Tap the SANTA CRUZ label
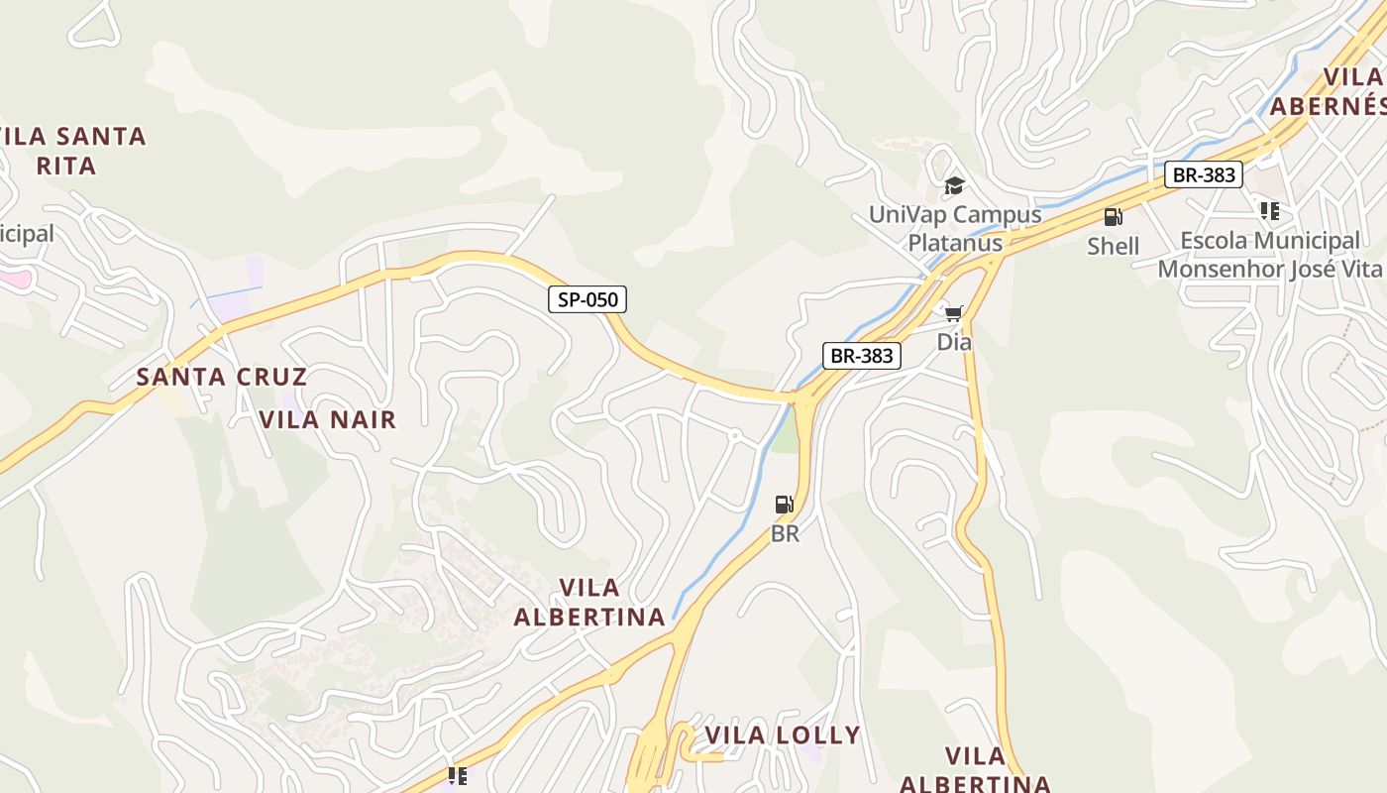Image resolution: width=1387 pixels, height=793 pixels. (222, 377)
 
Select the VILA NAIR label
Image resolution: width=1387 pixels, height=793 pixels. (327, 419)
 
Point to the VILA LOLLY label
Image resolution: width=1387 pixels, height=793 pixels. (783, 735)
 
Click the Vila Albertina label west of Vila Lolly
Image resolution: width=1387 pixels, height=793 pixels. (589, 603)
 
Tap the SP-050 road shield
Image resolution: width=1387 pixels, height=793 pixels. (588, 299)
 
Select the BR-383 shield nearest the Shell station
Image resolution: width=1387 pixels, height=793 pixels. (1203, 175)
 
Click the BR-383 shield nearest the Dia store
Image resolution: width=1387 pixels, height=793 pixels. (861, 356)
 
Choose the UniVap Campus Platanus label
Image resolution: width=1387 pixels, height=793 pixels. (955, 228)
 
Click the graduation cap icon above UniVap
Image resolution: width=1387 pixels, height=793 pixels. (954, 185)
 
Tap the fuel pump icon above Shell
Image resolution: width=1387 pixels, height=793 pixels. (1114, 217)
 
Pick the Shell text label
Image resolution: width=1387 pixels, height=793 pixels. (1114, 246)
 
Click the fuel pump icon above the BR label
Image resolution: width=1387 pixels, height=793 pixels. (785, 505)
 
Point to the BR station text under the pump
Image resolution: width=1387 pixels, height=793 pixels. (785, 533)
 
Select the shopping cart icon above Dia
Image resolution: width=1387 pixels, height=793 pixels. (954, 314)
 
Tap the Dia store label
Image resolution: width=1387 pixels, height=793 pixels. (954, 342)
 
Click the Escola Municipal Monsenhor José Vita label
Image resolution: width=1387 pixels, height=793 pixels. (1269, 255)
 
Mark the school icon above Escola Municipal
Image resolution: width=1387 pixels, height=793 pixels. (1269, 211)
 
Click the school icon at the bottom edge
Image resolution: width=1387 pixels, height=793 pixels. (457, 775)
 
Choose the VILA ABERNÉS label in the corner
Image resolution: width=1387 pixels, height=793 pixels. (1333, 92)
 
